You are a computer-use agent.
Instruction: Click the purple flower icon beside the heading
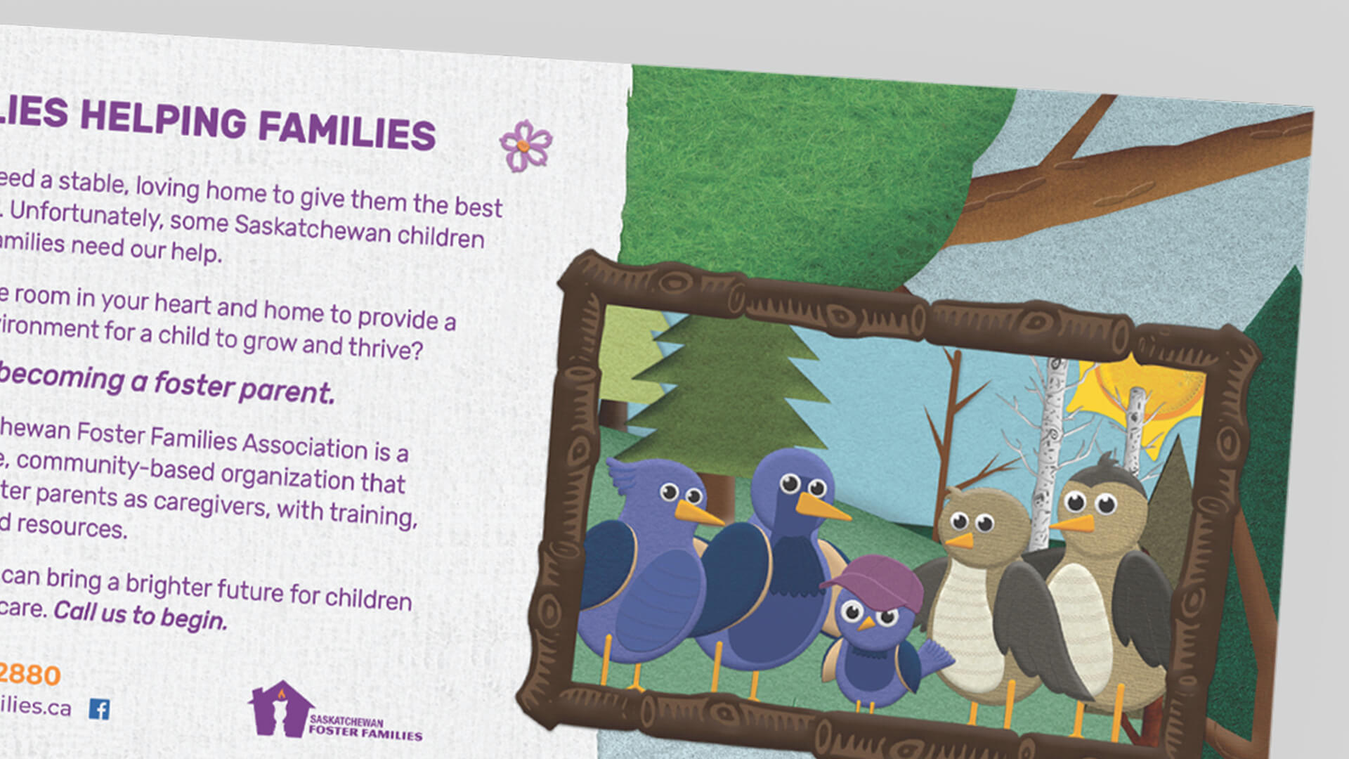(526, 145)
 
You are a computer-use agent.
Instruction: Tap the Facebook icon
(99, 709)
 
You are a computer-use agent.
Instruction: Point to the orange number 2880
(30, 675)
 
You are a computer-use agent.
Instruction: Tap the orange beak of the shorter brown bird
(959, 540)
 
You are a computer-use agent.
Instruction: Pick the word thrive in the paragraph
(386, 347)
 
